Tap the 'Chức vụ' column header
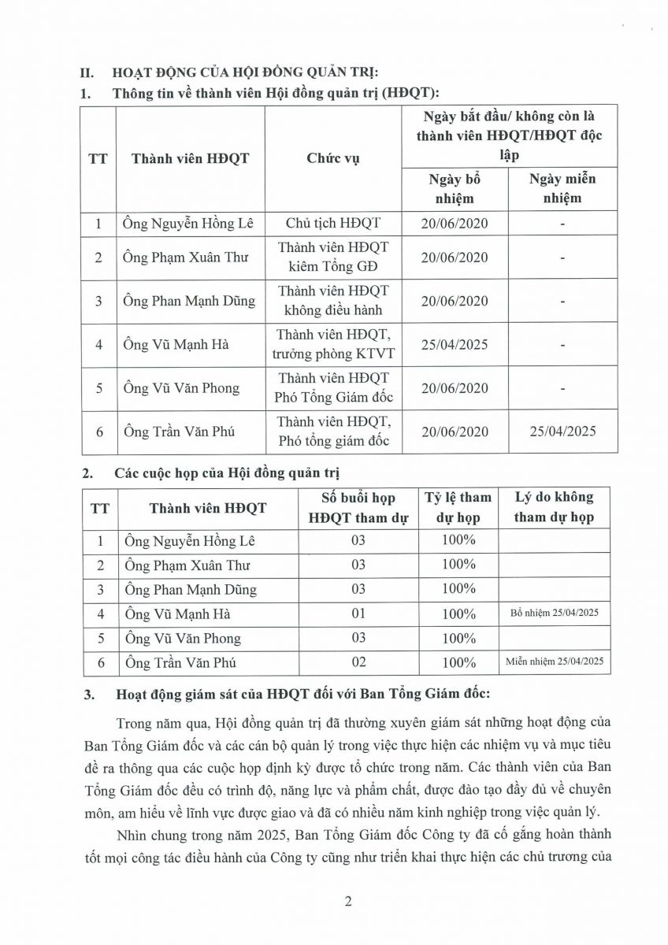coord(332,158)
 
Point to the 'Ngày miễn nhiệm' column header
coord(563,188)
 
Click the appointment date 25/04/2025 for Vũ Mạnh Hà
coord(455,344)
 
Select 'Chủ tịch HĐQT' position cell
coord(332,223)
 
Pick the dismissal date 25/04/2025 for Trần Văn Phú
coord(563,431)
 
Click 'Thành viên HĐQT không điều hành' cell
coord(332,301)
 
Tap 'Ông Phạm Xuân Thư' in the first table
coord(178,258)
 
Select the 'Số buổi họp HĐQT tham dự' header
coord(358,507)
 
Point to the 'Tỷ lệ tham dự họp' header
coord(458,507)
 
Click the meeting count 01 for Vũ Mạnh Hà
coord(358,613)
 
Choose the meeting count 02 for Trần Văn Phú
coord(358,662)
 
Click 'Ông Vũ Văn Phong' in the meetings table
coord(182,638)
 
